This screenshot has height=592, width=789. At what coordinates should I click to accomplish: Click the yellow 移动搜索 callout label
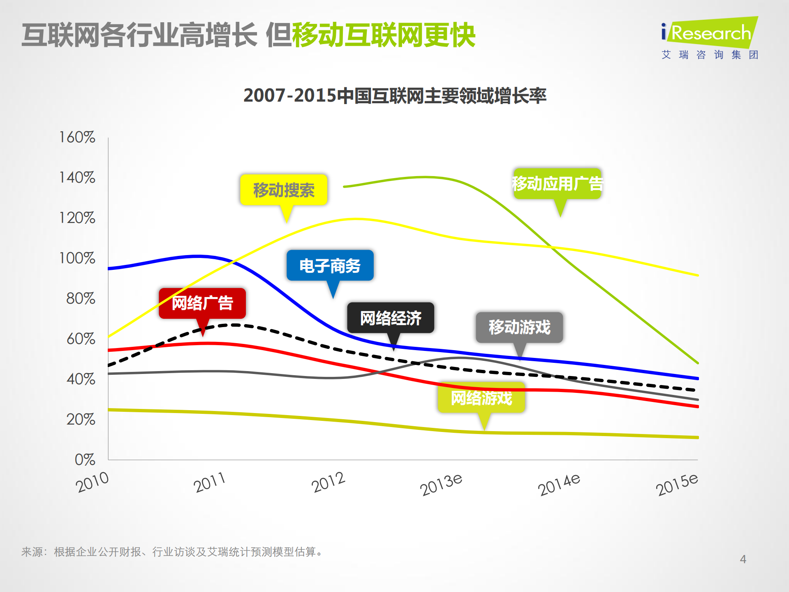[x=284, y=190]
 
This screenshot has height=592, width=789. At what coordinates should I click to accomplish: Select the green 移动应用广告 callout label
[x=557, y=183]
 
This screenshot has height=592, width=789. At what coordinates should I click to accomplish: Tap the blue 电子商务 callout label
[x=330, y=266]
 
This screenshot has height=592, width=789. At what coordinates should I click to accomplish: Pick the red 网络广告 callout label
[x=202, y=303]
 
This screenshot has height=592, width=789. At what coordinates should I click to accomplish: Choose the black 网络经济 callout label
[x=391, y=318]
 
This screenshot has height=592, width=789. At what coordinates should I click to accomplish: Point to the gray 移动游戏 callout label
[x=519, y=327]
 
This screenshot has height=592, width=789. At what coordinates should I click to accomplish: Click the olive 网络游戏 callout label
[x=481, y=398]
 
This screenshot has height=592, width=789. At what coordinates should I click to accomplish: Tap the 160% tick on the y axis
[x=77, y=137]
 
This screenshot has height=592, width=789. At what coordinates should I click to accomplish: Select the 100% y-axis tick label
[x=77, y=258]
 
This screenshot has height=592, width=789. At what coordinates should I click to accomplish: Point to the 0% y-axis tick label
[x=85, y=460]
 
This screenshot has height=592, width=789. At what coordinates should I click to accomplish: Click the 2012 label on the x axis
[x=328, y=482]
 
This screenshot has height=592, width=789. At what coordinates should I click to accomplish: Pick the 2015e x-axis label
[x=677, y=484]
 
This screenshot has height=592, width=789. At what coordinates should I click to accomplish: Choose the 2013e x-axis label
[x=441, y=484]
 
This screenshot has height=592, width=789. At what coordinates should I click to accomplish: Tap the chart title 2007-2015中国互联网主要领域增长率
[x=395, y=95]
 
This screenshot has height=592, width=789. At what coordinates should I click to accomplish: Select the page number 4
[x=743, y=559]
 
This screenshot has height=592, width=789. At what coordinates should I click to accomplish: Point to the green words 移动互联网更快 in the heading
[x=384, y=35]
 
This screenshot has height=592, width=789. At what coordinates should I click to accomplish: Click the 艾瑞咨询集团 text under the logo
[x=710, y=55]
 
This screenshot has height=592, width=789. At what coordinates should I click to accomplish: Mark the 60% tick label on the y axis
[x=81, y=339]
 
